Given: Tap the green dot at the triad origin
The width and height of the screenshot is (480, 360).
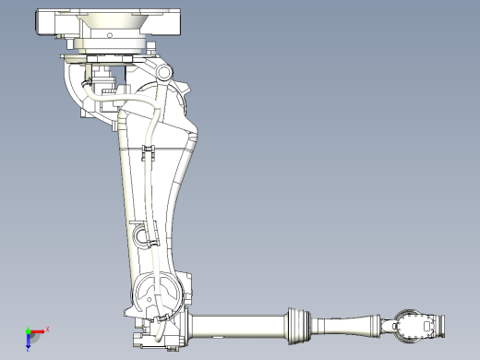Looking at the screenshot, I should coord(29,331).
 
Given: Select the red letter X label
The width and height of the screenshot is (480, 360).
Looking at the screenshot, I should coord(47,329).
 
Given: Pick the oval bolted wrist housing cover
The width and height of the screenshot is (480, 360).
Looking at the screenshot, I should coord(407,325).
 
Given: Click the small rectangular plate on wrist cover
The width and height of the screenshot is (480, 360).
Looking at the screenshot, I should coord(427,326).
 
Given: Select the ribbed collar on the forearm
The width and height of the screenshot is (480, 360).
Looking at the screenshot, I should coord(298,324).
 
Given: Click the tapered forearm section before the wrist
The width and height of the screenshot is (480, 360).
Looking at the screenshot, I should coord(349,325).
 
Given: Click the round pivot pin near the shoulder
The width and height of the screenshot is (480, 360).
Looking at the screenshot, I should coord(164,73).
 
